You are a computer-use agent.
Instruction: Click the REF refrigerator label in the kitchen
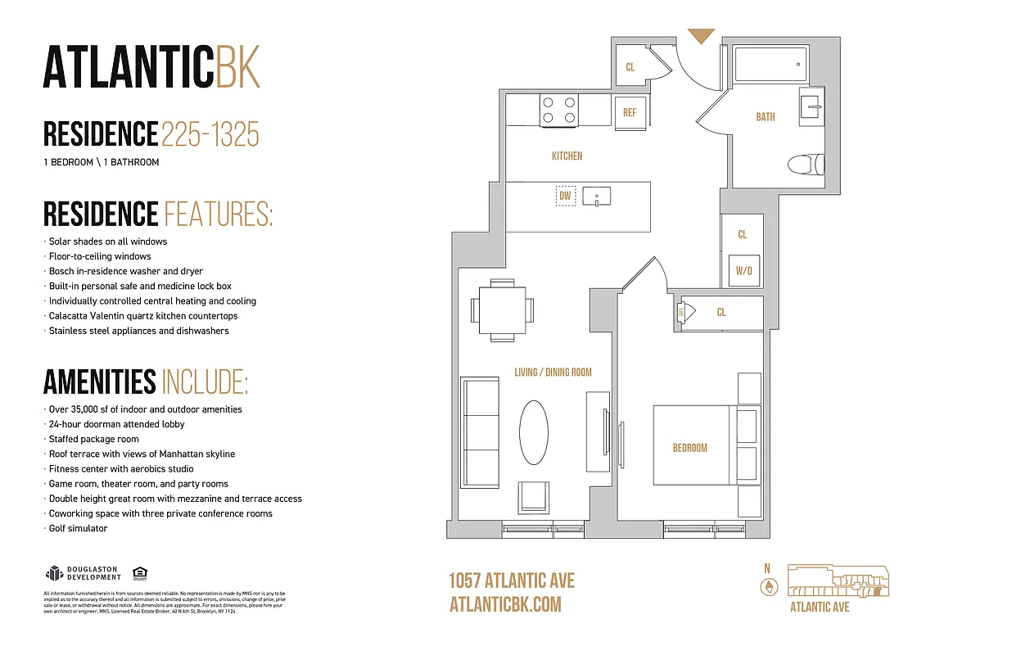click(630, 113)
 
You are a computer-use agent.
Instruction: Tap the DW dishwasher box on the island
click(565, 196)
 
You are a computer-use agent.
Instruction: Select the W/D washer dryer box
click(743, 270)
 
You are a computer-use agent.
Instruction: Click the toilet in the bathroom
click(803, 165)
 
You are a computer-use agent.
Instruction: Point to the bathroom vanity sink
click(812, 104)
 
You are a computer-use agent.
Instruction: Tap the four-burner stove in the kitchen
click(558, 111)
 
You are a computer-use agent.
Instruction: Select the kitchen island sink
click(597, 196)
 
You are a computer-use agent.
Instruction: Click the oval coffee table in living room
click(535, 432)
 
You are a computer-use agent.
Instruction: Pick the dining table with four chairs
click(502, 310)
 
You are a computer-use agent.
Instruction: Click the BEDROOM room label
click(689, 448)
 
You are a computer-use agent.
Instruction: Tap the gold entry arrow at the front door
click(701, 35)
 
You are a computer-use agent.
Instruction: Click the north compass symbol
click(768, 586)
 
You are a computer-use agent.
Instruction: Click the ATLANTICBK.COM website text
click(505, 604)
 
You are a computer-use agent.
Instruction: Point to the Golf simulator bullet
click(78, 529)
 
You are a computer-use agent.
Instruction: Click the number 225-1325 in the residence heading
click(210, 134)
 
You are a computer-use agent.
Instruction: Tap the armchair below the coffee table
click(535, 497)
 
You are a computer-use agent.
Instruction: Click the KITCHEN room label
click(567, 156)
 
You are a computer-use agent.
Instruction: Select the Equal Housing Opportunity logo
click(139, 573)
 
